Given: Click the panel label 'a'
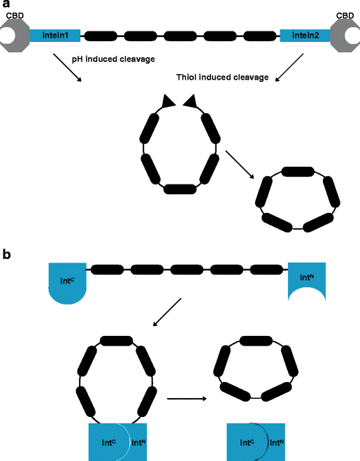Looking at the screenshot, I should click(x=6, y=6).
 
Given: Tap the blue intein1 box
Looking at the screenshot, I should click(x=55, y=33).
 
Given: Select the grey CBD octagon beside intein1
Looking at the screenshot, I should click(x=14, y=33).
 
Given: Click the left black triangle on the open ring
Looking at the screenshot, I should click(x=168, y=103).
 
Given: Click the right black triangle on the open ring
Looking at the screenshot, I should click(x=189, y=103).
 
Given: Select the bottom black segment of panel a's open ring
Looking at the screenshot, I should click(x=179, y=188).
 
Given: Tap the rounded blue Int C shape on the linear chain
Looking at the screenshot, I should click(x=66, y=283).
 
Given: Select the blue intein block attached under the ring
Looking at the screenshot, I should click(x=117, y=441).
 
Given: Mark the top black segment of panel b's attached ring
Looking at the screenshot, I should click(x=117, y=342).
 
